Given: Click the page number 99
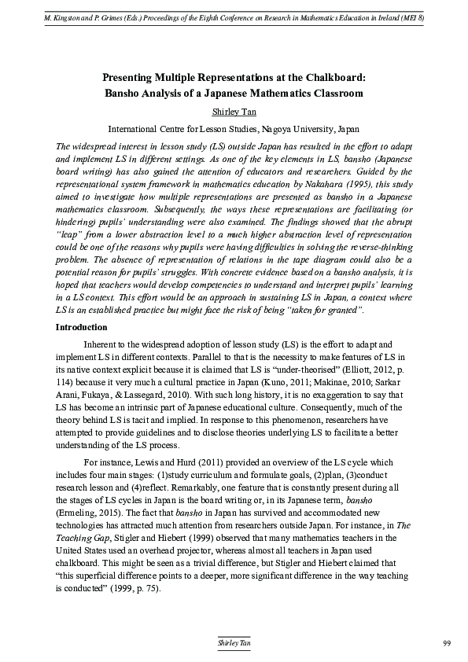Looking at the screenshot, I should tap(446, 644).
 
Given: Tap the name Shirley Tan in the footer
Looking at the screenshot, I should tap(234, 644).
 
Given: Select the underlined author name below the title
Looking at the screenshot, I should tap(234, 112).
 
